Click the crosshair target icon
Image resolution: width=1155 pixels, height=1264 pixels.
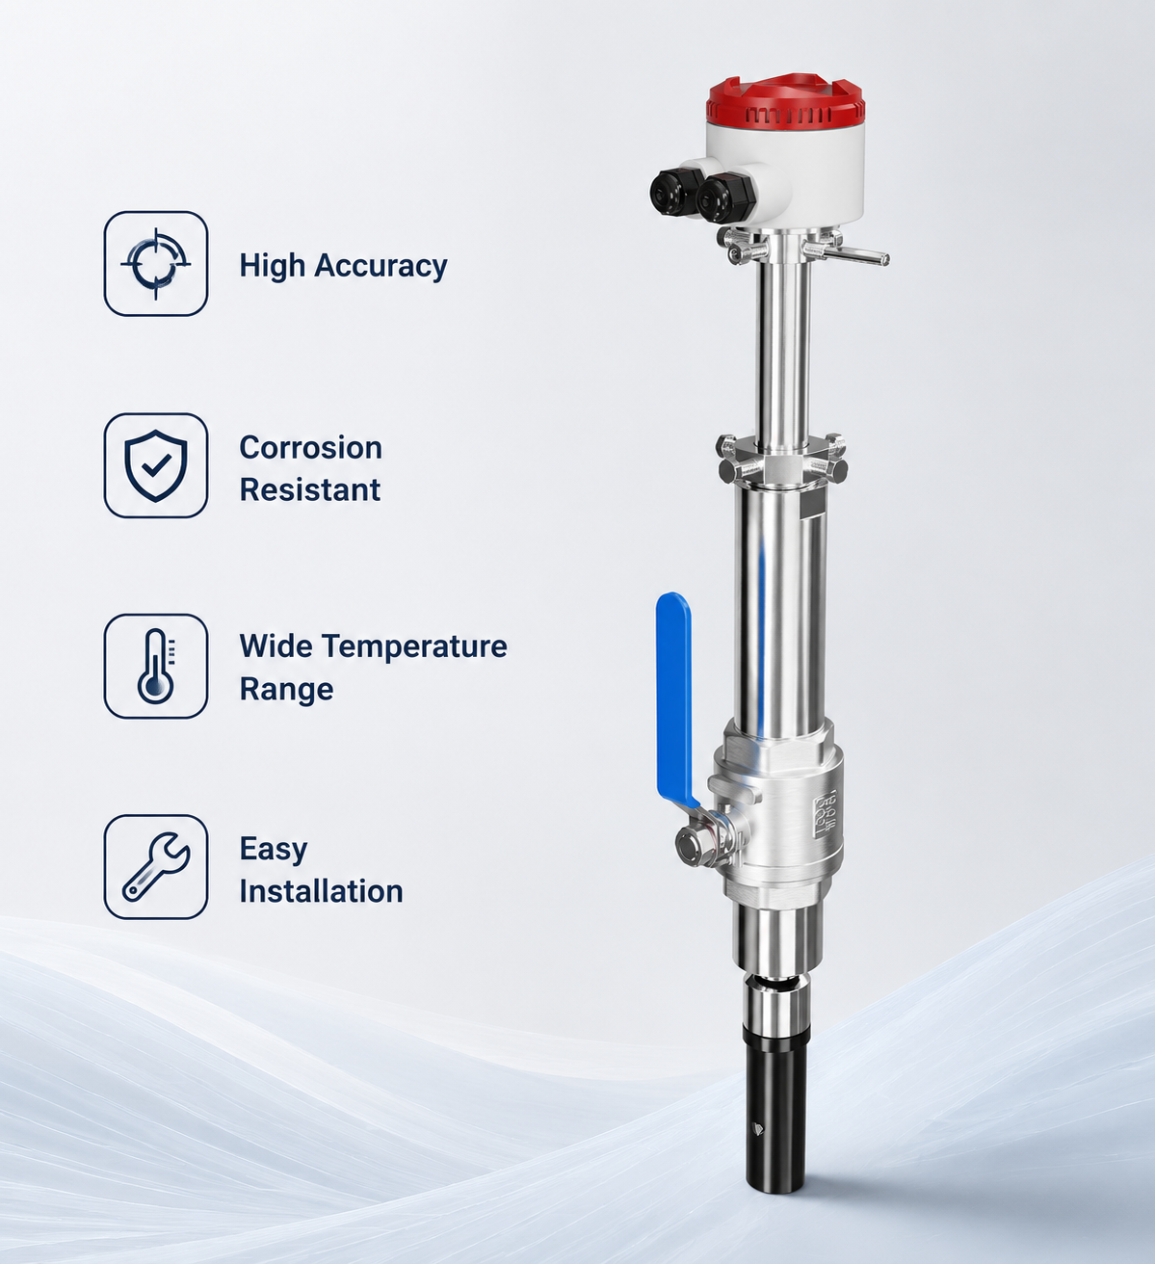[156, 263]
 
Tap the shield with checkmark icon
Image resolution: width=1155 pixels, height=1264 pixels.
[156, 465]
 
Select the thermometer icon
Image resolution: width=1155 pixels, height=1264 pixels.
[156, 666]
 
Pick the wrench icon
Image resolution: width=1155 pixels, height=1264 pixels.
[156, 866]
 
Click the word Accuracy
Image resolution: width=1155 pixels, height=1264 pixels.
[381, 266]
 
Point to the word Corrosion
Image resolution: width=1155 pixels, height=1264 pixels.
[310, 448]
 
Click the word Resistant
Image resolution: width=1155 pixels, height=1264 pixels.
[310, 490]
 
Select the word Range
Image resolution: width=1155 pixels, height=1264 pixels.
[286, 690]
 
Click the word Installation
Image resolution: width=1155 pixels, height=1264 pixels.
[322, 891]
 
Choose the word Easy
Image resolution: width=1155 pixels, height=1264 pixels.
[274, 850]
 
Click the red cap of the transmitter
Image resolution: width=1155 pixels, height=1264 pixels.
[786, 101]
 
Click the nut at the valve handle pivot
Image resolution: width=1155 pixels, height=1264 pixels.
[691, 844]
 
